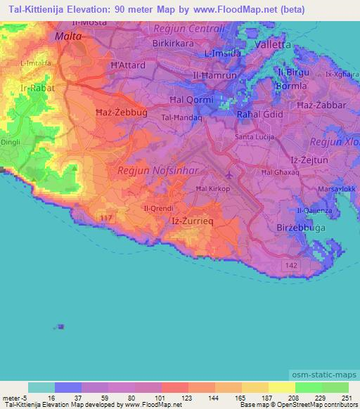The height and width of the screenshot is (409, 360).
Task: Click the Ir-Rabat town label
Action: pyautogui.click(x=34, y=89)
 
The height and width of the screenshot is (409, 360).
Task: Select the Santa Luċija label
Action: pyautogui.click(x=254, y=137)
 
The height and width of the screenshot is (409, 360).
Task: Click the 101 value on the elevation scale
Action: pyautogui.click(x=148, y=398)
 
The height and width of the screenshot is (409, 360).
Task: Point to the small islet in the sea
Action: pyautogui.click(x=61, y=326)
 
